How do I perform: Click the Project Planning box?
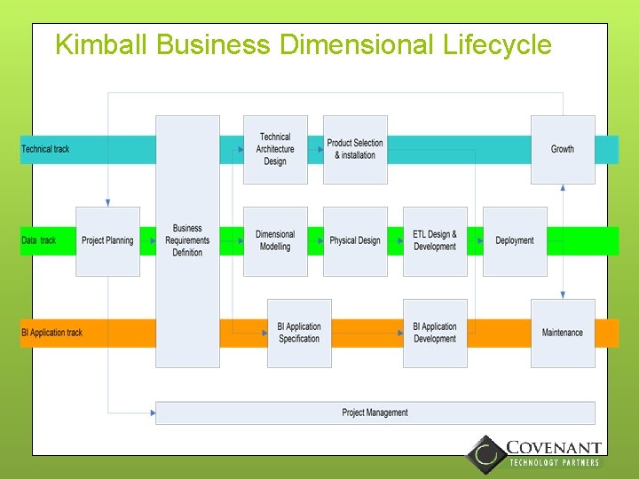pyautogui.click(x=107, y=240)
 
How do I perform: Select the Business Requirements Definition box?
pyautogui.click(x=187, y=240)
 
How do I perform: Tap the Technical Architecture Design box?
pyautogui.click(x=275, y=149)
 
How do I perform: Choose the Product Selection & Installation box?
pyautogui.click(x=355, y=149)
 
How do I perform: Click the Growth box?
pyautogui.click(x=563, y=149)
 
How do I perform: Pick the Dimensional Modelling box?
pyautogui.click(x=275, y=240)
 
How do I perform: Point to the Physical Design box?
pyautogui.click(x=355, y=240)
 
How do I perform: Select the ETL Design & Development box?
pyautogui.click(x=435, y=240)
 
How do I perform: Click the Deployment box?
pyautogui.click(x=515, y=240)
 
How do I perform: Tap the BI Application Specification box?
pyautogui.click(x=299, y=333)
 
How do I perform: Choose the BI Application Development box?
pyautogui.click(x=435, y=333)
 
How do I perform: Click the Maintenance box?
pyautogui.click(x=563, y=333)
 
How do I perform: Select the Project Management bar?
pyautogui.click(x=375, y=412)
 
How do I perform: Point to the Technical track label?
pyautogui.click(x=45, y=149)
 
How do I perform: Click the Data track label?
pyautogui.click(x=39, y=240)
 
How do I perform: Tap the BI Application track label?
pyautogui.click(x=51, y=333)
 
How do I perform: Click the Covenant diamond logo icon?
pyautogui.click(x=485, y=454)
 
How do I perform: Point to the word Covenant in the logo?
pyautogui.click(x=554, y=449)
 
